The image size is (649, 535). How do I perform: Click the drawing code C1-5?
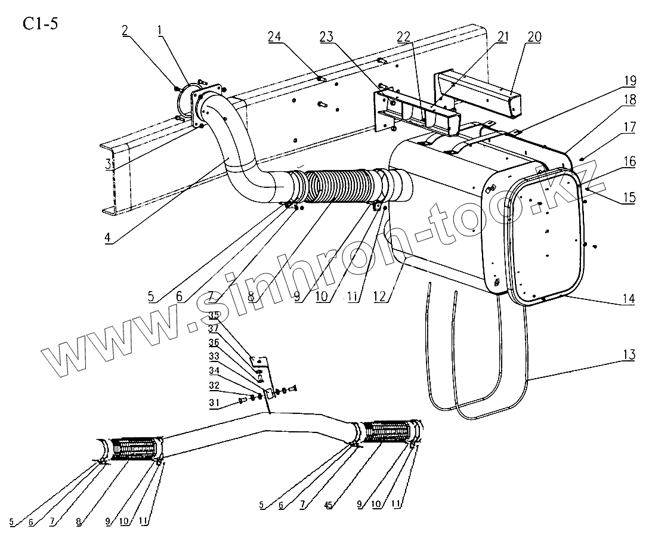(41, 24)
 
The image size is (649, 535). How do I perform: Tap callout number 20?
(534, 36)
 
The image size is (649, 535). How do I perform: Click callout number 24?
(308, 36)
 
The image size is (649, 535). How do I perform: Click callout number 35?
(214, 316)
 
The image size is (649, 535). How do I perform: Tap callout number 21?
(503, 36)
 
